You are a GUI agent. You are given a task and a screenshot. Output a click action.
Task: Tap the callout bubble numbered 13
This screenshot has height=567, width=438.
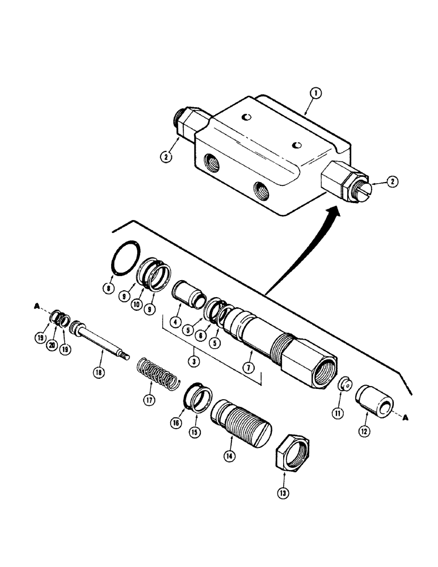[x=284, y=493]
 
